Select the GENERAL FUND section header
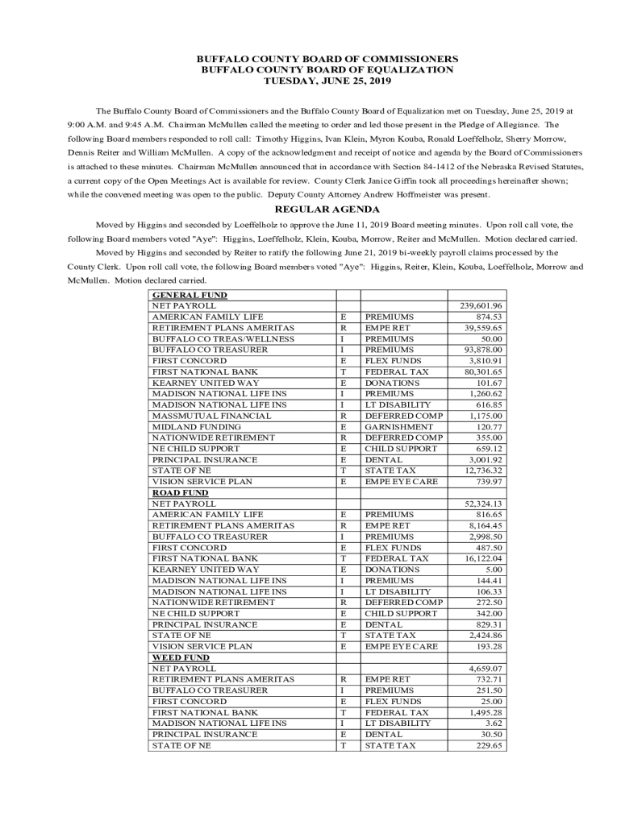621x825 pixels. (190, 296)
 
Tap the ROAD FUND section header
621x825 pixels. (180, 492)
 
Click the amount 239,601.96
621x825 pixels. (481, 306)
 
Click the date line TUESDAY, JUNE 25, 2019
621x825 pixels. (327, 81)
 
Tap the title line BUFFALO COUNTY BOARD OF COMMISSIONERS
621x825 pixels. (327, 59)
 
